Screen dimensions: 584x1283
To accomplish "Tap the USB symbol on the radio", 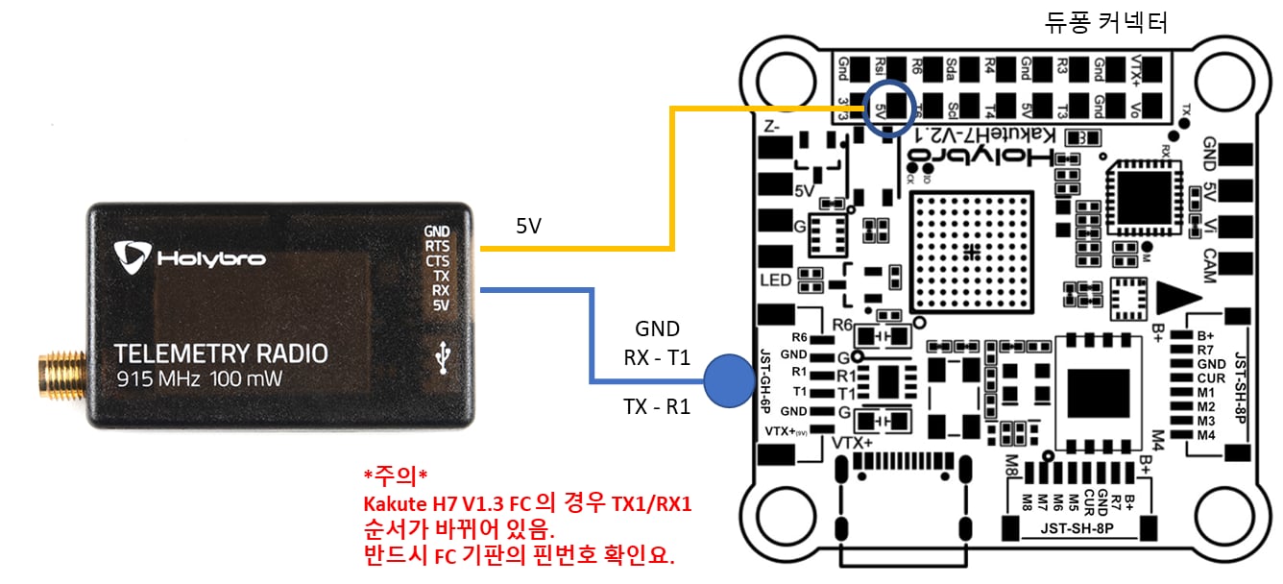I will (x=443, y=357).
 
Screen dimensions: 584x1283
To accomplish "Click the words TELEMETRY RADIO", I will (x=220, y=353).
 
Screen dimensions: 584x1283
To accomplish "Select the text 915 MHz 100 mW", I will (x=201, y=379).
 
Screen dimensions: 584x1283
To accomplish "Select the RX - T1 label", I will (x=657, y=357).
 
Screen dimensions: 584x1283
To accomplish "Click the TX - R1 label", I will (x=657, y=406).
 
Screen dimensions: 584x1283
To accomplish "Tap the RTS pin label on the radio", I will (x=437, y=246).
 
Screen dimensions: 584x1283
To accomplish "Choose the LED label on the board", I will (x=776, y=280).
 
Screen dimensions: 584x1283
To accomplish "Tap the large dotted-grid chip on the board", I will (x=972, y=253).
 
